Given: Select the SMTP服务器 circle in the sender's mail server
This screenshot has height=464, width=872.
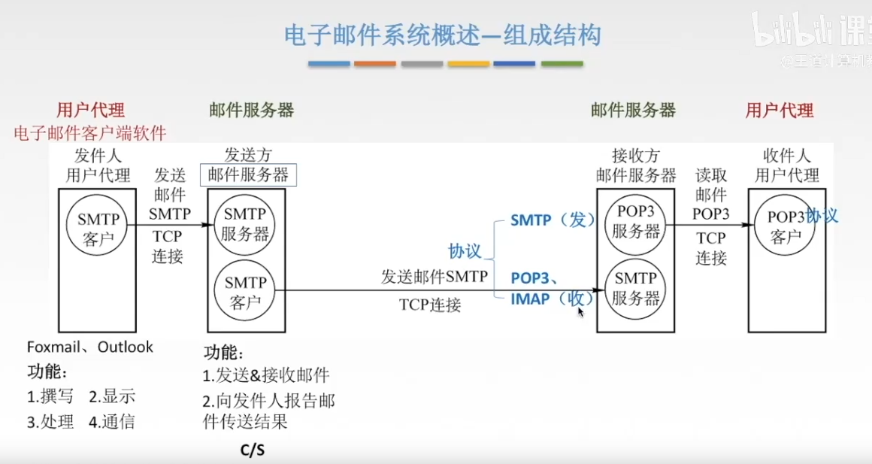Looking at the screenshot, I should (245, 223).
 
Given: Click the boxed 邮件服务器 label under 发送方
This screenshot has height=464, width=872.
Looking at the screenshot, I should (249, 175).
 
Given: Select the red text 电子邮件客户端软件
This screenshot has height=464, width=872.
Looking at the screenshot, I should (90, 133).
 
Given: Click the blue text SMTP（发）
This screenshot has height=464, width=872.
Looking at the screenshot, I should (553, 220).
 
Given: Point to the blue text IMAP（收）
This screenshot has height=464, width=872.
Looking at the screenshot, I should (553, 299).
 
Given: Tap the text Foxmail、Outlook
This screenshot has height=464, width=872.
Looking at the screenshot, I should (90, 347).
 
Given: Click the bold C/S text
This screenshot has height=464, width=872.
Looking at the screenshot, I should (253, 450).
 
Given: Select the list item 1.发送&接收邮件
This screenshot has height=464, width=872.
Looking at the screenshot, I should (266, 375).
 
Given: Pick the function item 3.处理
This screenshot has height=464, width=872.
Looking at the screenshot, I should (50, 422).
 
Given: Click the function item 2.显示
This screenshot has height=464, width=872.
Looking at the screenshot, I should (112, 397).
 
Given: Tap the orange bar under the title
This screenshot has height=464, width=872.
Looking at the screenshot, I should (375, 64).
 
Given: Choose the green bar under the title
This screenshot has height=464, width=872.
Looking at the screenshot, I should (562, 64).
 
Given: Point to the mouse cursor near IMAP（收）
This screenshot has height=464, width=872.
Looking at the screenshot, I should (580, 311).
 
